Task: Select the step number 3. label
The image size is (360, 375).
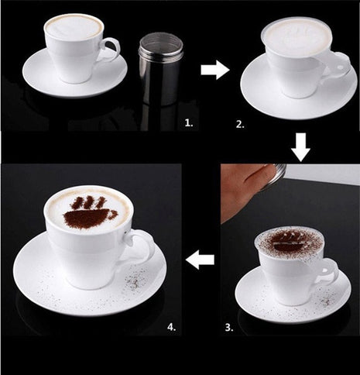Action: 229,328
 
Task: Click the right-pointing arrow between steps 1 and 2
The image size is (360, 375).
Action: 214,70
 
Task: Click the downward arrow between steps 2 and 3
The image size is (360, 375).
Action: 300,145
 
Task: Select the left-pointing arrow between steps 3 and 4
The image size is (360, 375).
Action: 201,260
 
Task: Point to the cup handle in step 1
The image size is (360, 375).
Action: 110,50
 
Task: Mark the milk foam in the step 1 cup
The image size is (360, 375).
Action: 74,27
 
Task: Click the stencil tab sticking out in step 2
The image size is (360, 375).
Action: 341,60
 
